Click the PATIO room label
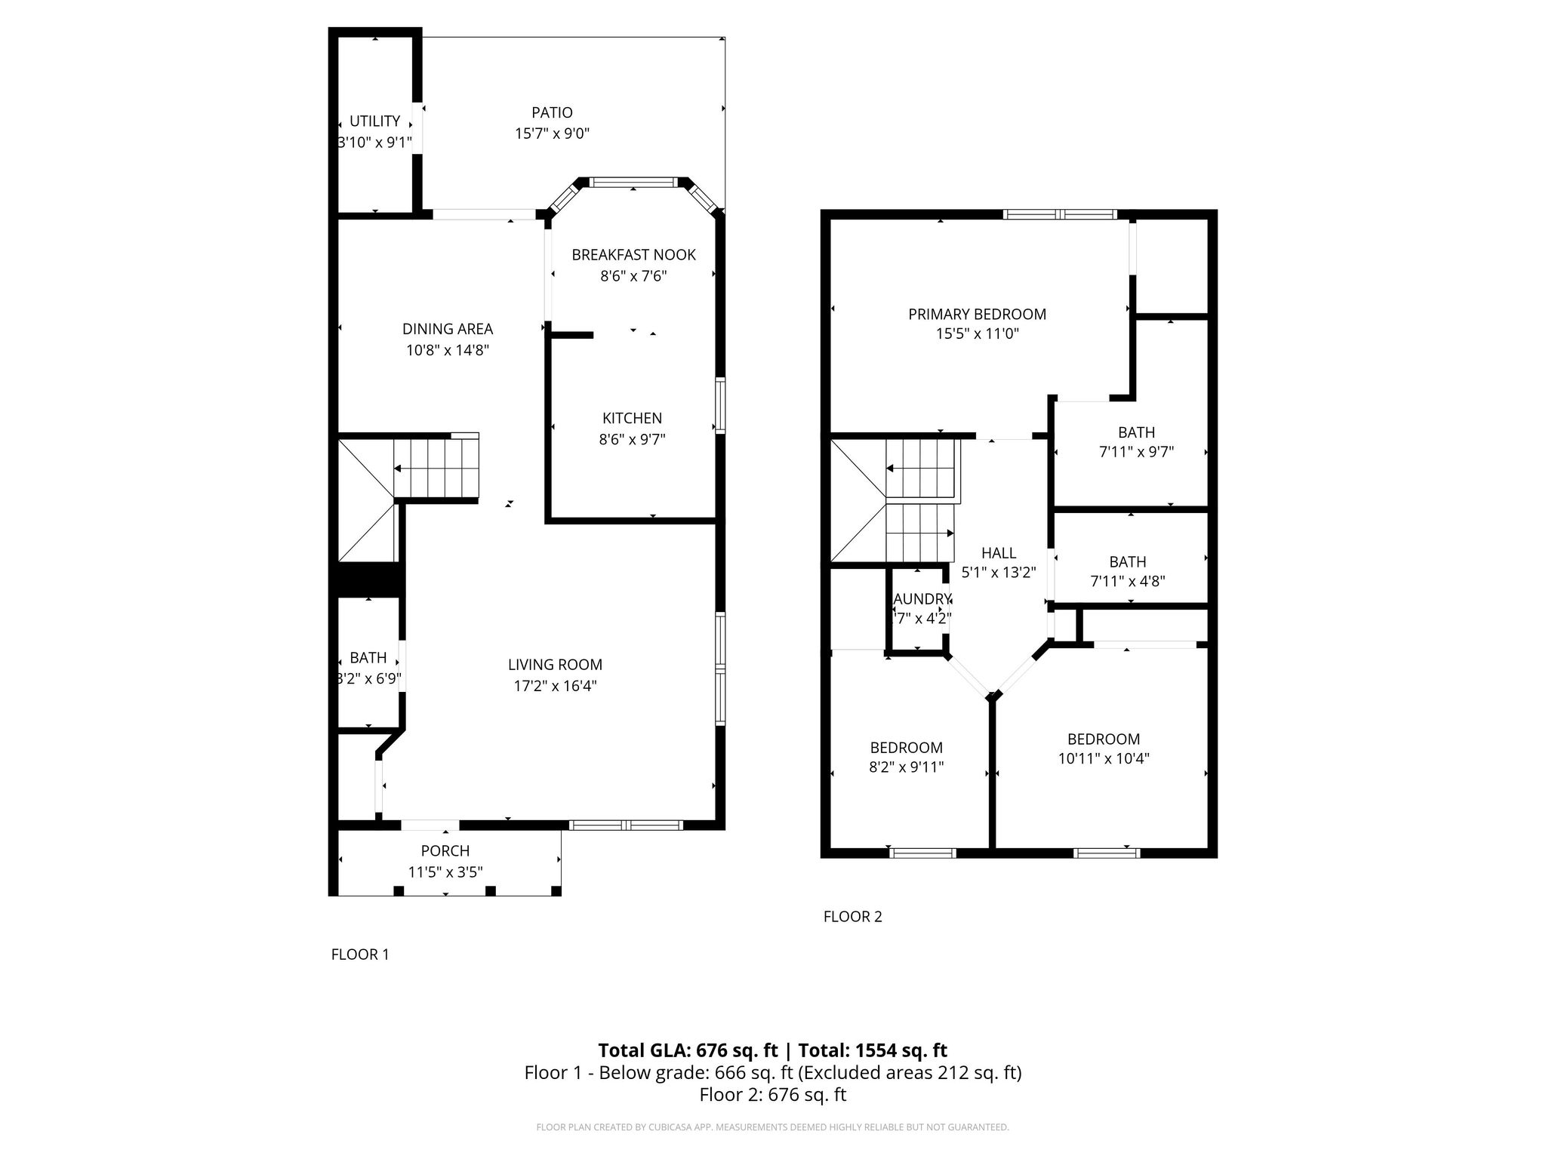pyautogui.click(x=552, y=112)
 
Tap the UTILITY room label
pyautogui.click(x=374, y=121)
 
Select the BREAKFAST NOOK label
pyautogui.click(x=633, y=255)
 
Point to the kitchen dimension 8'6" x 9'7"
pyautogui.click(x=632, y=439)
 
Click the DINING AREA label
pyautogui.click(x=447, y=329)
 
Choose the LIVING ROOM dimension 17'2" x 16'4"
pyautogui.click(x=555, y=686)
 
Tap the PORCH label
pyautogui.click(x=445, y=851)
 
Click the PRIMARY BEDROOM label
pyautogui.click(x=977, y=314)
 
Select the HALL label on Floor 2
pyautogui.click(x=999, y=553)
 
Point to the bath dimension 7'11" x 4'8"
pyautogui.click(x=1128, y=581)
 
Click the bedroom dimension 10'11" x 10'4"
pyautogui.click(x=1103, y=759)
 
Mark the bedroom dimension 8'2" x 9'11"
pyautogui.click(x=906, y=767)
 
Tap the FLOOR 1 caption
pyautogui.click(x=360, y=955)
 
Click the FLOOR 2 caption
pyautogui.click(x=852, y=917)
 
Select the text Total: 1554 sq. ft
pyautogui.click(x=873, y=1050)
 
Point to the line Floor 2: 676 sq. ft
pyautogui.click(x=772, y=1095)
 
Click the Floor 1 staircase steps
pyautogui.click(x=436, y=469)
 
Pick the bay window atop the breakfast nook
pyautogui.click(x=633, y=183)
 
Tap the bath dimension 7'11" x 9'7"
pyautogui.click(x=1136, y=452)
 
